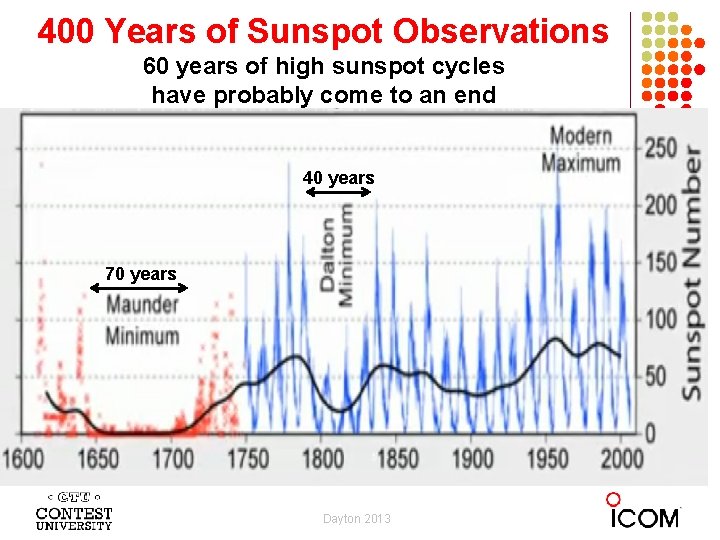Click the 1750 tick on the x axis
pyautogui.click(x=248, y=459)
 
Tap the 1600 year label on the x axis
pyautogui.click(x=23, y=459)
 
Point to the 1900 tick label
pyautogui.click(x=473, y=459)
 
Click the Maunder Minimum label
pyautogui.click(x=142, y=320)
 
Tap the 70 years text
pyautogui.click(x=140, y=273)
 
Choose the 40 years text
pyautogui.click(x=339, y=178)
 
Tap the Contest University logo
pyautogui.click(x=73, y=511)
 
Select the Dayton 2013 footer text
pyautogui.click(x=357, y=518)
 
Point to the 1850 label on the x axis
pyautogui.click(x=398, y=459)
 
